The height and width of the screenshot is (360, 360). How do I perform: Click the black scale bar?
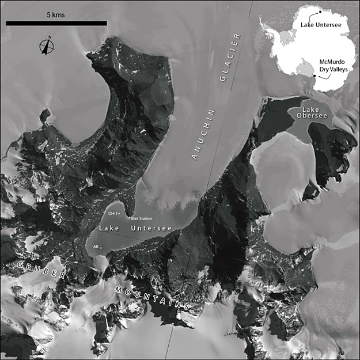click(56, 23)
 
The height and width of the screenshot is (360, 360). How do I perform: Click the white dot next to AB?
click(101, 247)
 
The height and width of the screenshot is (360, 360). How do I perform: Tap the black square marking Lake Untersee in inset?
click(319, 12)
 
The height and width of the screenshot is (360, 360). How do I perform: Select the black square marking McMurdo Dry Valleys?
click(314, 76)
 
